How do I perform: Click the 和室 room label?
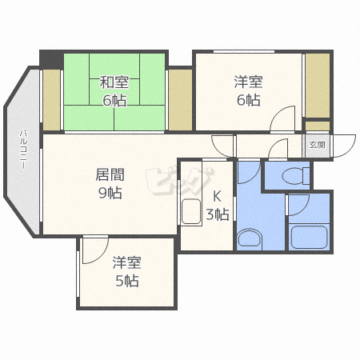[114, 82]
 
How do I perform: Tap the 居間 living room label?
[110, 175]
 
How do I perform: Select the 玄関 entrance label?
[317, 145]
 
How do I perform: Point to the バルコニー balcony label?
[23, 149]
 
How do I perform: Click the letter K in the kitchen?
[217, 197]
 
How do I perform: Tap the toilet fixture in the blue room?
[295, 176]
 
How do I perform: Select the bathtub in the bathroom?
[309, 238]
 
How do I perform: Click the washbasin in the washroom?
[250, 238]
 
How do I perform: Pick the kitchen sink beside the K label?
[191, 211]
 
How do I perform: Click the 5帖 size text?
[127, 281]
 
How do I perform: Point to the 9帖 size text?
[110, 193]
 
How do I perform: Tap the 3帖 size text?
[218, 214]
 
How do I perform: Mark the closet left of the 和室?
[52, 100]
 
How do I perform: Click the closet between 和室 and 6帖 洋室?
[180, 100]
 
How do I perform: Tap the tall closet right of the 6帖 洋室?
[318, 86]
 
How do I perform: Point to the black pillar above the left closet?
[51, 60]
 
